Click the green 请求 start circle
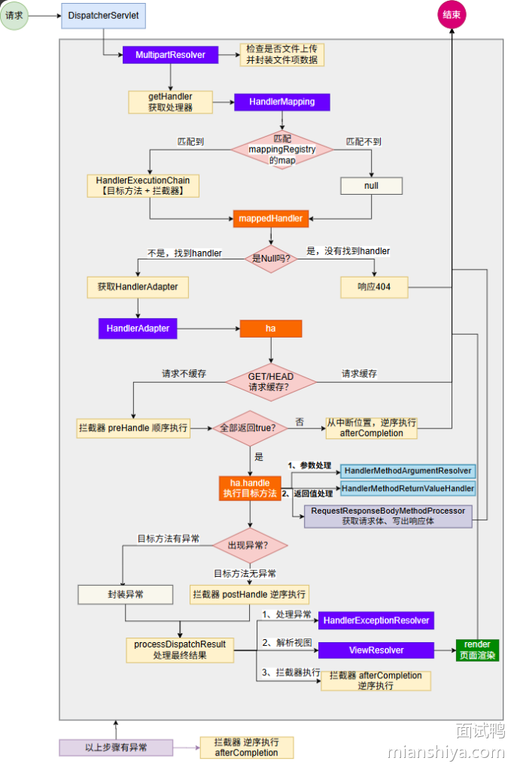pyautogui.click(x=15, y=15)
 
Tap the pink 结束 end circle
pyautogui.click(x=453, y=16)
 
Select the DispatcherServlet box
pyautogui.click(x=103, y=16)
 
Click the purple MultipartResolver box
pyautogui.click(x=170, y=55)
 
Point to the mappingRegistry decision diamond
pyautogui.click(x=282, y=150)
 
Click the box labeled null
pyautogui.click(x=371, y=186)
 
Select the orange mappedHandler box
pyautogui.click(x=270, y=219)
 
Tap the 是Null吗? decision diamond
pyautogui.click(x=271, y=258)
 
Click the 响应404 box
pyautogui.click(x=374, y=286)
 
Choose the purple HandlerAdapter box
pyautogui.click(x=138, y=329)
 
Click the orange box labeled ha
pyautogui.click(x=270, y=329)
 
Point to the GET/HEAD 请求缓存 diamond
pyautogui.click(x=271, y=382)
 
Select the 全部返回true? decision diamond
pyautogui.click(x=249, y=428)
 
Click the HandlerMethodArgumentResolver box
pyautogui.click(x=407, y=471)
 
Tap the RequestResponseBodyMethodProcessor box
pyautogui.click(x=388, y=516)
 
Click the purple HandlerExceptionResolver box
pyautogui.click(x=376, y=620)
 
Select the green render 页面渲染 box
pyautogui.click(x=476, y=650)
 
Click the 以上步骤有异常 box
pyautogui.click(x=116, y=747)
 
